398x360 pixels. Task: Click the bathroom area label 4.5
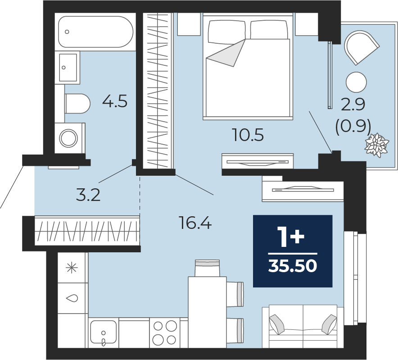coord(115,101)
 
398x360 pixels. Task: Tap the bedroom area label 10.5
coord(248,135)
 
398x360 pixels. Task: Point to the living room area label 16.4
coord(195,223)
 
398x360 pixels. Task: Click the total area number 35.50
coord(293,266)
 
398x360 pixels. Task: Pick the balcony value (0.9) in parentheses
coord(353,127)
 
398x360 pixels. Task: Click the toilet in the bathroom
coord(77,104)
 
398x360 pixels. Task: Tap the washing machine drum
coord(68,138)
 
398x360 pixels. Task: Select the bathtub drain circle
coord(67,32)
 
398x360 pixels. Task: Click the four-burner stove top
coord(164,333)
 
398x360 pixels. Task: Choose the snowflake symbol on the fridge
coord(72,268)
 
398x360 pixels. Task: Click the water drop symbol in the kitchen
coord(72,298)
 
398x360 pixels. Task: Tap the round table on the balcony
coord(357,82)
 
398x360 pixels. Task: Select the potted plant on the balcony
coord(377,145)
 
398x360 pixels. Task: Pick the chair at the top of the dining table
coord(207,268)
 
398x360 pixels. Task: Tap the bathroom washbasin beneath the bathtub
coord(68,68)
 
